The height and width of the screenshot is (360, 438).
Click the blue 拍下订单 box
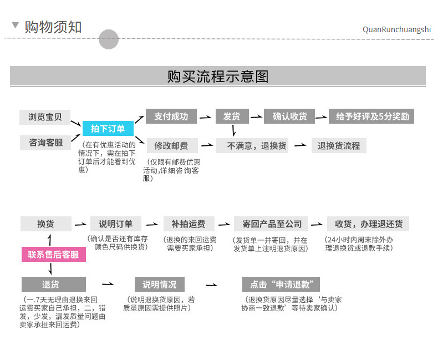click(x=108, y=129)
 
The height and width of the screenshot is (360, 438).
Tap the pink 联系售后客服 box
click(x=54, y=255)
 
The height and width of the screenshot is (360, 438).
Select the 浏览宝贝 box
click(x=45, y=116)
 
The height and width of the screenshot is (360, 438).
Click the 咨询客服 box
click(x=45, y=143)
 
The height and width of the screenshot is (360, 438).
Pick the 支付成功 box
click(x=171, y=116)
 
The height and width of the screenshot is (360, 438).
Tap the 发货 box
click(x=231, y=116)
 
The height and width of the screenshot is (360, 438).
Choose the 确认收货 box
click(x=289, y=116)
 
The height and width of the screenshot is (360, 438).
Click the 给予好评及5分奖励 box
click(x=371, y=116)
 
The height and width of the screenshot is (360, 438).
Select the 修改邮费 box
click(x=171, y=146)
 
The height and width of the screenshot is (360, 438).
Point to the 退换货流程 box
click(x=339, y=146)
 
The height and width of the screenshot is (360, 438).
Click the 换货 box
click(x=45, y=224)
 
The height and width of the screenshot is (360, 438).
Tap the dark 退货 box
click(x=54, y=285)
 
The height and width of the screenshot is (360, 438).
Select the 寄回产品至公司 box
click(x=268, y=224)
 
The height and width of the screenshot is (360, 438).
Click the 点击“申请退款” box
click(x=281, y=285)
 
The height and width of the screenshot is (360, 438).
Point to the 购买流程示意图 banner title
click(x=218, y=77)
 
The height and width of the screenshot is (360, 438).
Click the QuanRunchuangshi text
click(x=396, y=29)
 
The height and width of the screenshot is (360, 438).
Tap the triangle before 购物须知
click(x=15, y=26)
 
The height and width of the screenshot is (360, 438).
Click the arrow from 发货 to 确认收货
click(x=256, y=117)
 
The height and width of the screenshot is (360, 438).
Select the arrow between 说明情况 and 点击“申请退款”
click(x=211, y=285)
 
